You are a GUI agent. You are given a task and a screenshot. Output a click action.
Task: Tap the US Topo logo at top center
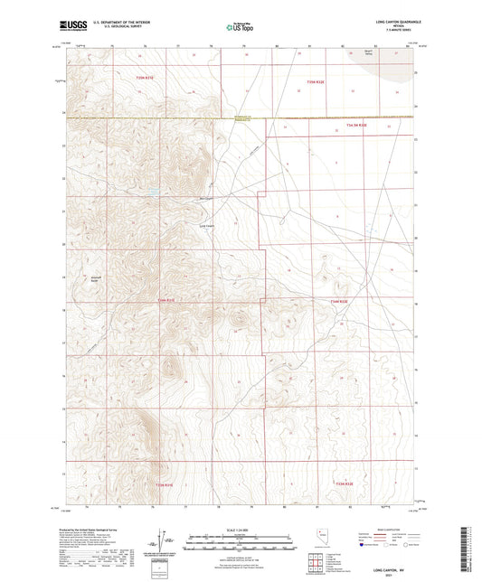237,28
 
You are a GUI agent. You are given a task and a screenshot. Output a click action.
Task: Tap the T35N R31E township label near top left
146,79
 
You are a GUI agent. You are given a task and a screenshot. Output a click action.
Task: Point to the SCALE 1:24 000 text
240,530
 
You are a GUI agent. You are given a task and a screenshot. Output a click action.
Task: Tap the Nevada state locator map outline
319,536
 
